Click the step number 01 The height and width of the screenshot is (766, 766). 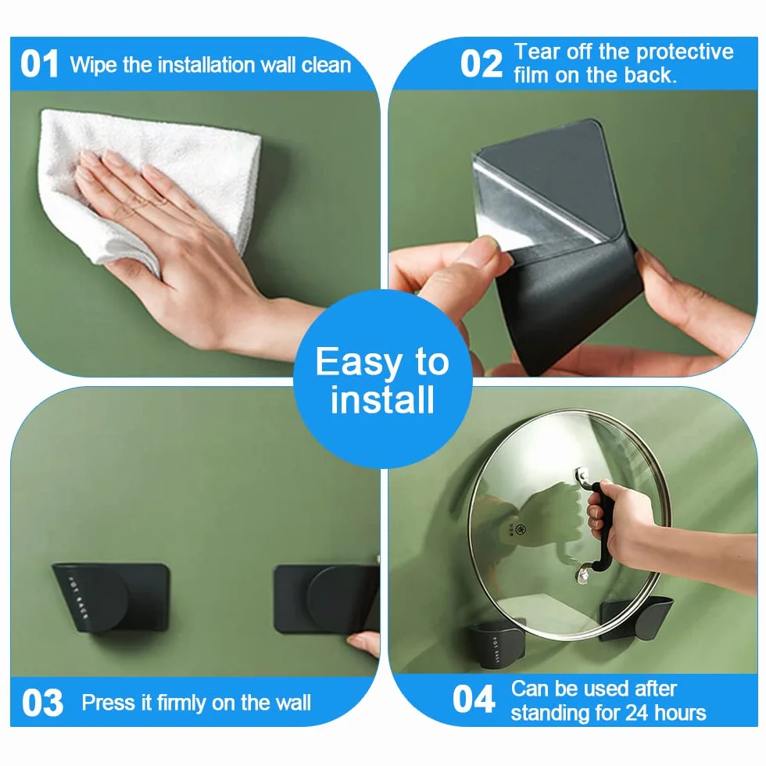click(x=39, y=64)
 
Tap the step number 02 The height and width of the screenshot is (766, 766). click(x=481, y=64)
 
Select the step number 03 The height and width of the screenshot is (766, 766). click(x=42, y=703)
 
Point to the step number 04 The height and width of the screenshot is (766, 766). click(x=474, y=699)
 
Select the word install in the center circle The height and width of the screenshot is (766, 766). click(x=382, y=400)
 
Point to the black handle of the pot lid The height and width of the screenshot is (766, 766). click(x=600, y=527)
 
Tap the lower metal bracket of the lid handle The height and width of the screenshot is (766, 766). click(x=582, y=574)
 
